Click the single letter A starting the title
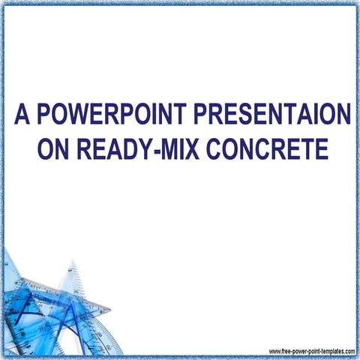[x=22, y=116]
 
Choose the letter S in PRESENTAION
[x=253, y=116]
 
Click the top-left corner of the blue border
[x=4, y=4]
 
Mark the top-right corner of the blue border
[x=356, y=4]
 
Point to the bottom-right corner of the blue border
[x=356, y=356]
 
